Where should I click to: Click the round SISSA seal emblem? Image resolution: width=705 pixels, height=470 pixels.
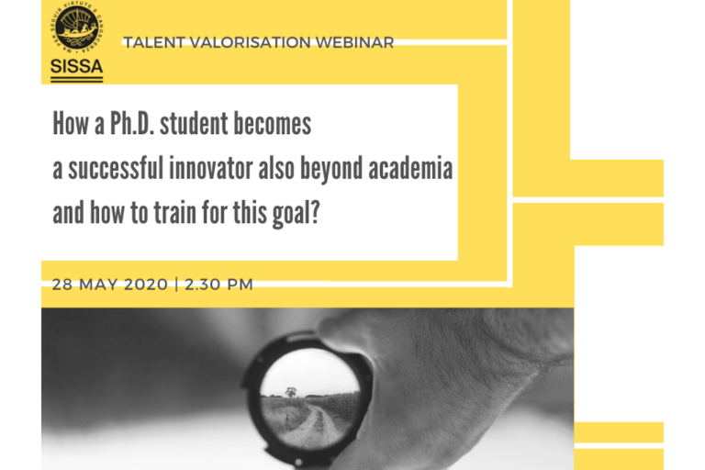click(x=77, y=27)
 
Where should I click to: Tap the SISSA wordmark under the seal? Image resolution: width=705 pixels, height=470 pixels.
click(x=77, y=67)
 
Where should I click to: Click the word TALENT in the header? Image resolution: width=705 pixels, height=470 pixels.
click(x=154, y=42)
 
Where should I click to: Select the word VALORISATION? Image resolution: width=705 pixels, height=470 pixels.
click(x=250, y=42)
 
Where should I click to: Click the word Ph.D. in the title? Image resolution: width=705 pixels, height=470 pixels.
click(x=132, y=123)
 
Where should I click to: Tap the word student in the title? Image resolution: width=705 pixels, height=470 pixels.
click(x=195, y=123)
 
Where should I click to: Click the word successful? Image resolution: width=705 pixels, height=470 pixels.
click(x=116, y=168)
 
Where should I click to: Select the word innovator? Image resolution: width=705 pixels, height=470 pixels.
click(x=211, y=168)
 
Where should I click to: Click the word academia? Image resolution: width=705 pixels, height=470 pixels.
click(x=410, y=168)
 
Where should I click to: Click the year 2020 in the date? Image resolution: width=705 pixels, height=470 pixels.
click(x=146, y=285)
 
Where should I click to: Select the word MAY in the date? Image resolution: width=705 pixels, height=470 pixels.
click(x=98, y=285)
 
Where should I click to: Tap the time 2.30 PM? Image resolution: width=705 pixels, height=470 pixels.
click(x=218, y=285)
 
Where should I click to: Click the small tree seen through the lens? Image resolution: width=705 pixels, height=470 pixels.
click(x=291, y=392)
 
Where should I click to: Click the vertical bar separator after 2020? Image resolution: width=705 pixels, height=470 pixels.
click(x=176, y=285)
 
